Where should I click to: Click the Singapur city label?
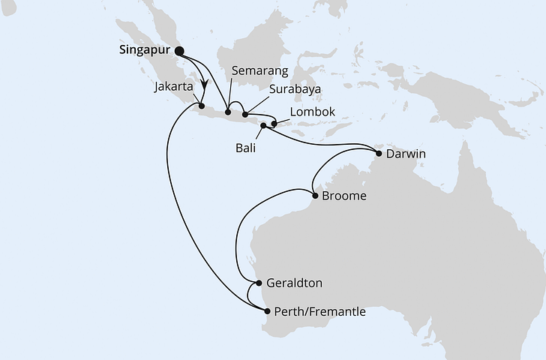145,51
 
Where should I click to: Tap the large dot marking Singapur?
179,51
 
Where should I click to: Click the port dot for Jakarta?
201,106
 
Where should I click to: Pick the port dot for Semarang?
228,113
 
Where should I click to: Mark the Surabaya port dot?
245,115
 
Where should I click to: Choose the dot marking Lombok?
274,124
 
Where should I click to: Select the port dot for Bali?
263,126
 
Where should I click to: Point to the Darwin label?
406,154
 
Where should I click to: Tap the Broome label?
343,197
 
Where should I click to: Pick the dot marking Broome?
314,197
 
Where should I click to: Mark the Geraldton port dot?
259,283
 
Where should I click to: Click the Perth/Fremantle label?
320,311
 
